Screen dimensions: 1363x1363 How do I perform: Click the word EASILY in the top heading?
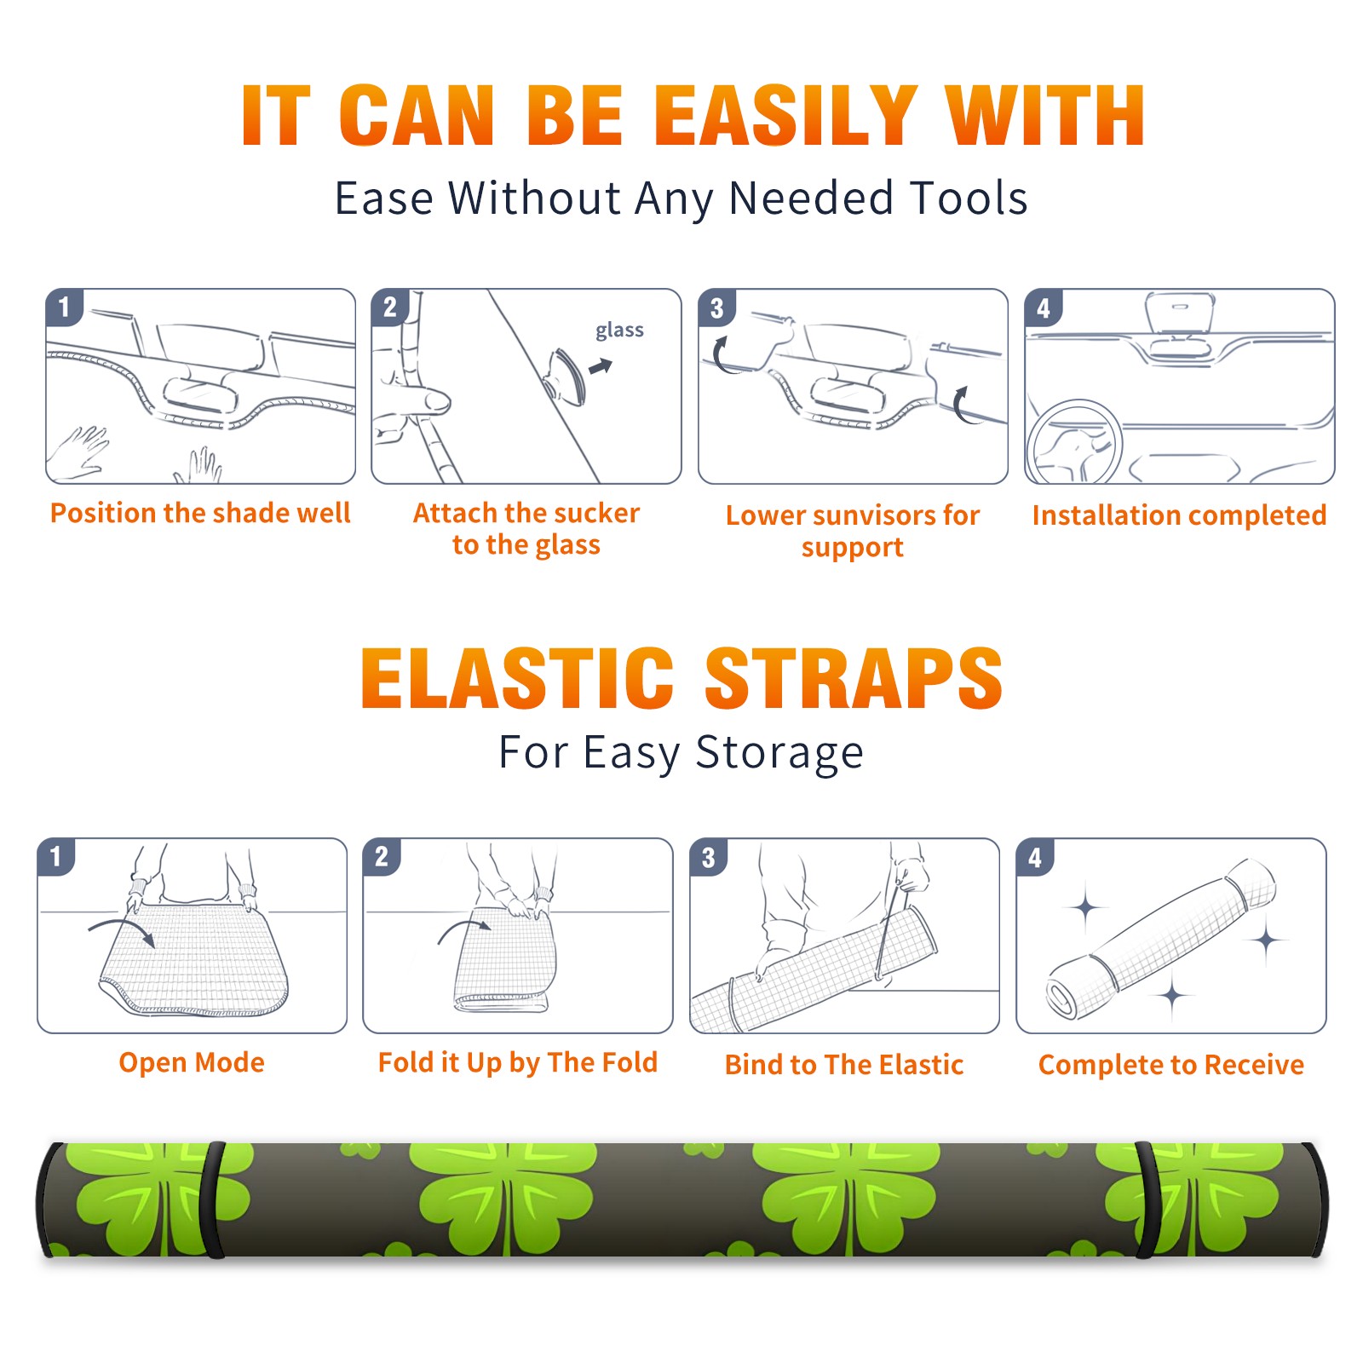(x=785, y=116)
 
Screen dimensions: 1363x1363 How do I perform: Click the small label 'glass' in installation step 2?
(x=619, y=331)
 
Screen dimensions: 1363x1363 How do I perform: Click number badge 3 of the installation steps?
(x=716, y=308)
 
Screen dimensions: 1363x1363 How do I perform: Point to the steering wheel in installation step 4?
(x=1074, y=443)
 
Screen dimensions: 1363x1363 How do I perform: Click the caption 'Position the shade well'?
(x=200, y=513)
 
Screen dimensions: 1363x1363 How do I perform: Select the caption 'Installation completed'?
(x=1179, y=515)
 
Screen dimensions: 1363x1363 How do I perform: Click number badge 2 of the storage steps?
(x=382, y=857)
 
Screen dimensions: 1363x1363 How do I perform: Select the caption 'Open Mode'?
(x=192, y=1062)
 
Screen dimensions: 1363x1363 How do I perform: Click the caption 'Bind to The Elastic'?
(x=843, y=1065)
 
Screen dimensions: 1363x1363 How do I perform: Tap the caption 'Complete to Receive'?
(x=1171, y=1065)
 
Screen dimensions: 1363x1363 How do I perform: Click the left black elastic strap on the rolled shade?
(x=213, y=1199)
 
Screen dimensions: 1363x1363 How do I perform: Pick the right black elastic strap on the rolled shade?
(x=1146, y=1199)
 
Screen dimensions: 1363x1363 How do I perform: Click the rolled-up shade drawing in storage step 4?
(x=1161, y=937)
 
